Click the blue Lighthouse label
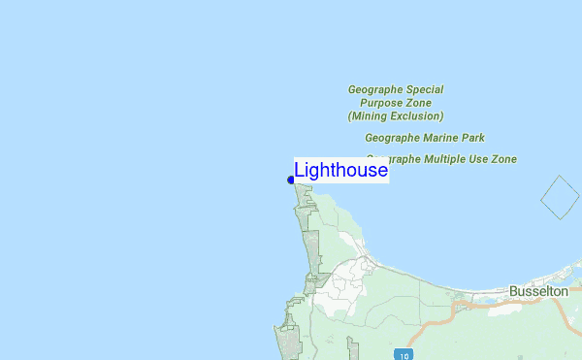point(340,171)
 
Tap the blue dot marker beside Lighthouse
point(291,180)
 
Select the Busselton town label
point(538,291)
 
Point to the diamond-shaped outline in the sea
point(559,198)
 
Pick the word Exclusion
point(417,115)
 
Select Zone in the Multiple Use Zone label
point(504,159)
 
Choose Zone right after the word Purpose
point(419,103)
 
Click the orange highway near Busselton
point(485,302)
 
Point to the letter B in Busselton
point(513,291)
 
